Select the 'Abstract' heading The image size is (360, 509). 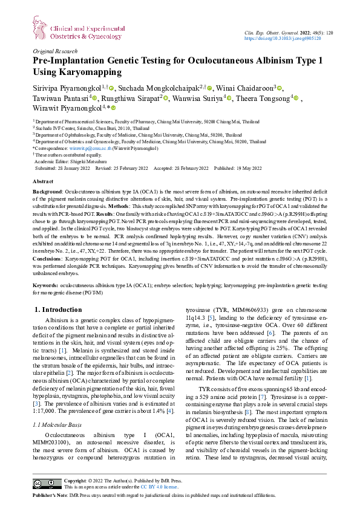pyautogui.click(x=43, y=181)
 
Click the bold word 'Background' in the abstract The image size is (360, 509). pyautogui.click(x=47, y=190)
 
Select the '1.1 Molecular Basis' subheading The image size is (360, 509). pyautogui.click(x=61, y=409)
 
